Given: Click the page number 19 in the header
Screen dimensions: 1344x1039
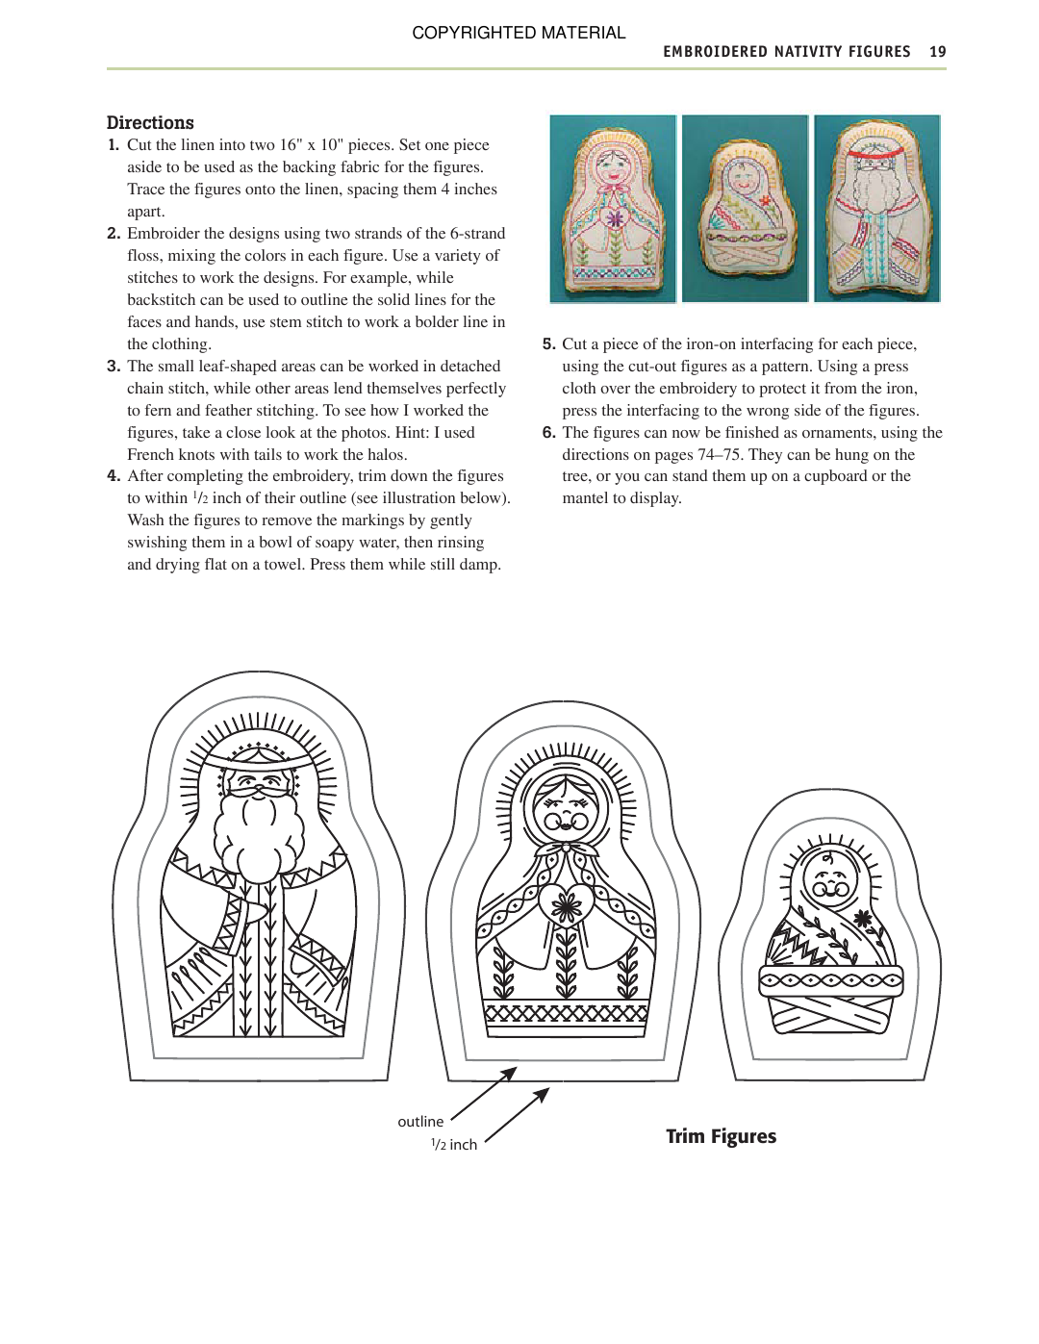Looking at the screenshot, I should (x=937, y=52).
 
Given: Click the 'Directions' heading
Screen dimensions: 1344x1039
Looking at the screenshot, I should (x=150, y=122).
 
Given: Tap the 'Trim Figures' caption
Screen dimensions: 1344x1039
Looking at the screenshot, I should (x=721, y=1136).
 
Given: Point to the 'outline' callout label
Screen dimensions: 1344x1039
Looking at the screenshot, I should (x=420, y=1122).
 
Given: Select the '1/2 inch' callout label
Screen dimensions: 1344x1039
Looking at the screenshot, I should (x=454, y=1145).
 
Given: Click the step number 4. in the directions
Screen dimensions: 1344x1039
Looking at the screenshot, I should (x=114, y=476).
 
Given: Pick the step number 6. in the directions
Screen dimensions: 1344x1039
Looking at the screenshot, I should (x=548, y=433).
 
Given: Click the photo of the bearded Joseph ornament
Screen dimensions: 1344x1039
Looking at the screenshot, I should (x=876, y=208).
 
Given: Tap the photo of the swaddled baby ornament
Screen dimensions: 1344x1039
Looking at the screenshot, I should (x=745, y=208).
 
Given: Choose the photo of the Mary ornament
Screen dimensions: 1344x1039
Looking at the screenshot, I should (x=613, y=208).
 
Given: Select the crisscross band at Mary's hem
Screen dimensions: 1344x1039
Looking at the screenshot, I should (x=566, y=1013).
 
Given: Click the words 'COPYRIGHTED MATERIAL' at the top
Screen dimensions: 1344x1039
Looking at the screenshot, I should (x=519, y=33).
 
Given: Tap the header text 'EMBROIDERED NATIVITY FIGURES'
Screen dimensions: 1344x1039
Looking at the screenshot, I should (x=786, y=52).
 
